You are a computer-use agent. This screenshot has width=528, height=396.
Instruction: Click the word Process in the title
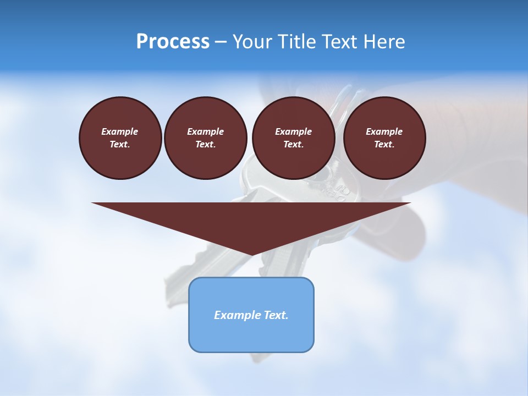tap(173, 42)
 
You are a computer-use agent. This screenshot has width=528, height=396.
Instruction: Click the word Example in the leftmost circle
tap(120, 131)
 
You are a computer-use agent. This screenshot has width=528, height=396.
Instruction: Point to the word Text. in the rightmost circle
tap(384, 144)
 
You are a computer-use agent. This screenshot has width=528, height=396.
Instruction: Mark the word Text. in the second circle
tap(205, 144)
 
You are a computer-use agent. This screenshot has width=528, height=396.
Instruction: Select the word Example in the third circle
tap(293, 131)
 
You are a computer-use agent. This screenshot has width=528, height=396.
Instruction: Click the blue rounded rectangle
tap(251, 335)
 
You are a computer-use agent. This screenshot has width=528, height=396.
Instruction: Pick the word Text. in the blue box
tap(276, 315)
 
